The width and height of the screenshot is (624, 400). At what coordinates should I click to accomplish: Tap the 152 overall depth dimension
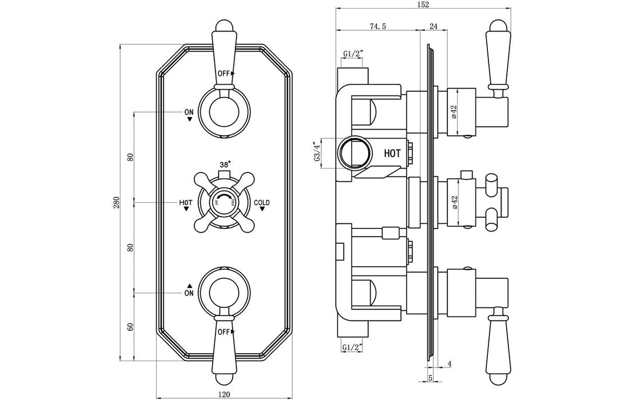(424, 5)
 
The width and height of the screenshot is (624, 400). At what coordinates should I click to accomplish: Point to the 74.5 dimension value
(376, 26)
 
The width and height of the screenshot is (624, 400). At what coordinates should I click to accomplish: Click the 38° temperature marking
(224, 164)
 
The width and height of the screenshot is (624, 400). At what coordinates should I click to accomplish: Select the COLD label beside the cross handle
(262, 203)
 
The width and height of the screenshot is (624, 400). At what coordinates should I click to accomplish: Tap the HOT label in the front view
(186, 203)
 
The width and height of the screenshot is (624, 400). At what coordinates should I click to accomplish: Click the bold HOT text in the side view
(392, 154)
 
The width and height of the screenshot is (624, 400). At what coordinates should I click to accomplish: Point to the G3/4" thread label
(316, 154)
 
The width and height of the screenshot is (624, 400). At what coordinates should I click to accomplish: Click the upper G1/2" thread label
(354, 54)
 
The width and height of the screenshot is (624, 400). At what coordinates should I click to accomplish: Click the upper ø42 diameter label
(454, 111)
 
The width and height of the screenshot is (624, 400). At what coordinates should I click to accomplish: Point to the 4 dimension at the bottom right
(450, 364)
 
